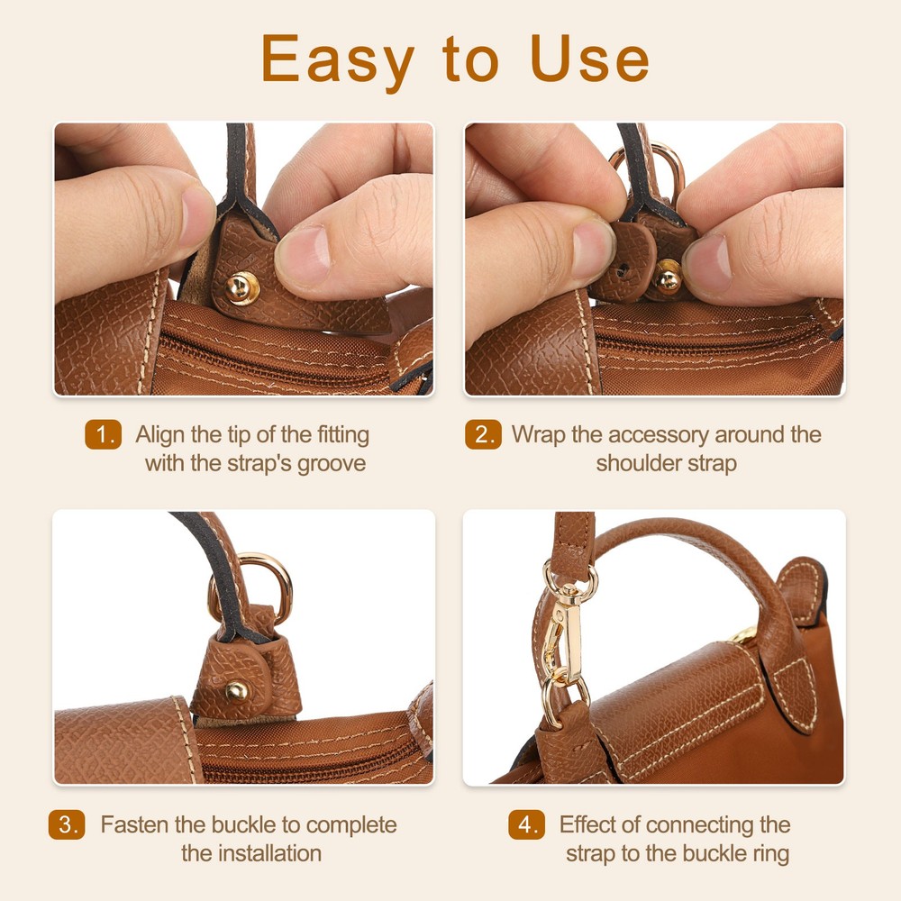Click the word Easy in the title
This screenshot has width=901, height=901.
click(x=338, y=59)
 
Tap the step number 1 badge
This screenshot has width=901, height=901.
click(x=104, y=435)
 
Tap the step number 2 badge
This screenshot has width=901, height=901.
click(x=483, y=435)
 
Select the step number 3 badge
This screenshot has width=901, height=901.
click(x=67, y=825)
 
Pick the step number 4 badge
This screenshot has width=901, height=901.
click(x=526, y=825)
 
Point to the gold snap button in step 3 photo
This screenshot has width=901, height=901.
click(x=237, y=691)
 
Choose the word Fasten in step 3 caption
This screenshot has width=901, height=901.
click(x=131, y=825)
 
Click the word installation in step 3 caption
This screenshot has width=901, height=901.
click(x=269, y=853)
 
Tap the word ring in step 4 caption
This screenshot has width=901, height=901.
click(x=769, y=853)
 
